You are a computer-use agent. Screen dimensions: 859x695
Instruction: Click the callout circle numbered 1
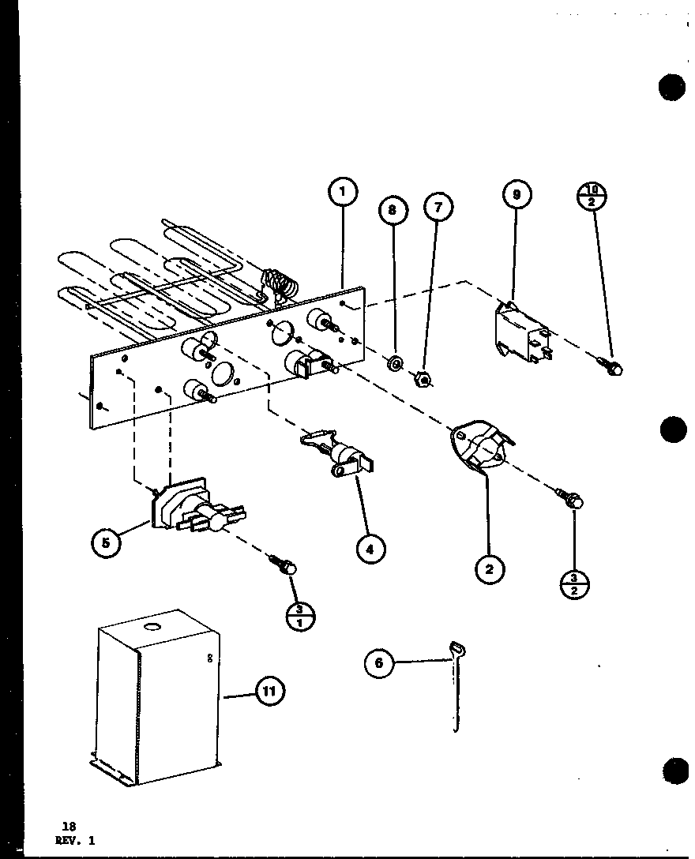point(343,193)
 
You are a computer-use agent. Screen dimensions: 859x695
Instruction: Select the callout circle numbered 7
point(438,208)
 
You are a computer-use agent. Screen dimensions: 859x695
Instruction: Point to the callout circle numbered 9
point(516,194)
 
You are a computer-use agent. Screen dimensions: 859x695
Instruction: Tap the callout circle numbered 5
point(106,542)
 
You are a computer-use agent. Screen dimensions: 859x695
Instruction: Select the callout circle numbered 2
point(490,568)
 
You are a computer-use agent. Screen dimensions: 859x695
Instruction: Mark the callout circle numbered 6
point(379,663)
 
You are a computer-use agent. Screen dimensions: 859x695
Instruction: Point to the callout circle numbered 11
point(269,692)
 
